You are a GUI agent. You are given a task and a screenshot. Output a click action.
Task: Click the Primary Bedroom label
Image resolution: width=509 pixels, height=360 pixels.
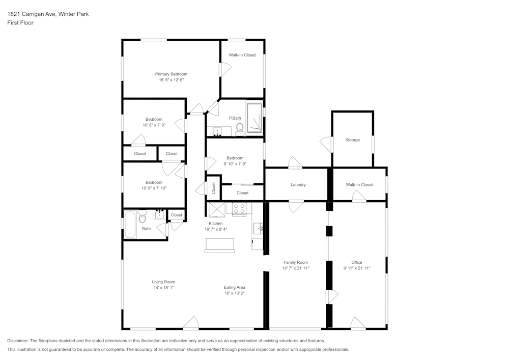[x=171, y=74]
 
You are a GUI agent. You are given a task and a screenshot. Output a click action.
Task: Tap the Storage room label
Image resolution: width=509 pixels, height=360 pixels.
[x=352, y=140]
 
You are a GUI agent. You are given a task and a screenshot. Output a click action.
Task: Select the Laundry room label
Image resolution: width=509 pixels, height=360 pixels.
[x=298, y=185]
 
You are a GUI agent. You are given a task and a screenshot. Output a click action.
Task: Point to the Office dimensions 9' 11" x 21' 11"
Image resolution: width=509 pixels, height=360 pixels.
[x=357, y=268]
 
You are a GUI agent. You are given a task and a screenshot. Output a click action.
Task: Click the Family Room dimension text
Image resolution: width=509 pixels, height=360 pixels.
[x=296, y=268]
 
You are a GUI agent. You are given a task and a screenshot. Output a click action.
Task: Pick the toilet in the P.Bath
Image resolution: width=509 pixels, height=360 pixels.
[x=240, y=129]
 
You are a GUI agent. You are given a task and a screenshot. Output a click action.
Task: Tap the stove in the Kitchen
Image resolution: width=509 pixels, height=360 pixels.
[x=239, y=208]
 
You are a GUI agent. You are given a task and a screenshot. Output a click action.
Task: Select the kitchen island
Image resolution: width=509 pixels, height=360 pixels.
[x=219, y=245]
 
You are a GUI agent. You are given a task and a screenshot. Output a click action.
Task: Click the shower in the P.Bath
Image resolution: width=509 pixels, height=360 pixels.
[x=254, y=118]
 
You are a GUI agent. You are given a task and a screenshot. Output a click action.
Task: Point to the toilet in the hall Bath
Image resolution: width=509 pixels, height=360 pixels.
[x=142, y=216]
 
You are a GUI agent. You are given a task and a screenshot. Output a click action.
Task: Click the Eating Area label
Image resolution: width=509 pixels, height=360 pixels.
[x=234, y=287]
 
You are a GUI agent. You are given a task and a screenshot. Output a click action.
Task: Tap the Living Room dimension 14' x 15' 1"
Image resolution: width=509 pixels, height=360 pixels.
[x=163, y=288]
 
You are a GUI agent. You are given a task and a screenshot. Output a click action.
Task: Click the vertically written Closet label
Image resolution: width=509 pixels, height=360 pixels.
[x=214, y=188]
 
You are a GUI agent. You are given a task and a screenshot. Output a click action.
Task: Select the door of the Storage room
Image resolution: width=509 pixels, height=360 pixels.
[x=327, y=144]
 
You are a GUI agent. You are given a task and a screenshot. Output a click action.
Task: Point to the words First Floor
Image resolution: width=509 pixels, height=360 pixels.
[x=20, y=23]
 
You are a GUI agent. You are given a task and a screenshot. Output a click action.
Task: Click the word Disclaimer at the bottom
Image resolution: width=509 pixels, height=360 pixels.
[x=18, y=341]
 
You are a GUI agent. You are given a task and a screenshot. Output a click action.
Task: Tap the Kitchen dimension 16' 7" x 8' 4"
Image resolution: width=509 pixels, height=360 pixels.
[x=215, y=229]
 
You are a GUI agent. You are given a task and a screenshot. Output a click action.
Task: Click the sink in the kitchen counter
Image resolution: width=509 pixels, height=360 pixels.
[x=259, y=228]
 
